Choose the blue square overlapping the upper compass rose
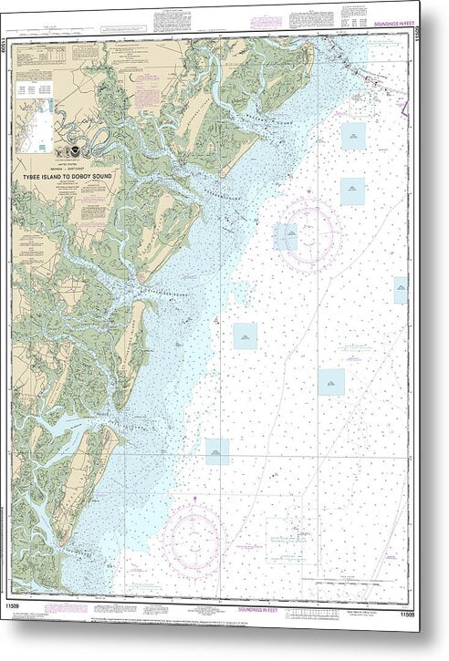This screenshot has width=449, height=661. (287, 237)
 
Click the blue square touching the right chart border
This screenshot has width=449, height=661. (401, 290)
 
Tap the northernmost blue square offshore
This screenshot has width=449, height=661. (353, 136)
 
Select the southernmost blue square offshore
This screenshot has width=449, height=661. (217, 451)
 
